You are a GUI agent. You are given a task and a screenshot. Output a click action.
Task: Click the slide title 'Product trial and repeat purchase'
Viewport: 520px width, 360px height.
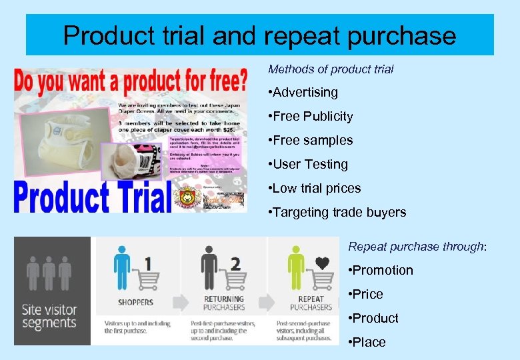(x=259, y=35)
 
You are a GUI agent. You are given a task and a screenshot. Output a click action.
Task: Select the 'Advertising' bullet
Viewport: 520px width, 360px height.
(x=305, y=92)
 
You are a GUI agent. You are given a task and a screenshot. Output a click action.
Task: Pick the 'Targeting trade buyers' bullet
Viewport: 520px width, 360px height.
(x=339, y=212)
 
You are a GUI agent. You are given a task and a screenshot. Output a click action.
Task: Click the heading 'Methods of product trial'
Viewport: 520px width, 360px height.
(x=331, y=69)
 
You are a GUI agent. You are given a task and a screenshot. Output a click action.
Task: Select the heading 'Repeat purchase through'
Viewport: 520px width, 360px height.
(x=417, y=246)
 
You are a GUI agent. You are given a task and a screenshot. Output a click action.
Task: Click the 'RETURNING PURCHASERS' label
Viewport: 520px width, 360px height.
(x=223, y=303)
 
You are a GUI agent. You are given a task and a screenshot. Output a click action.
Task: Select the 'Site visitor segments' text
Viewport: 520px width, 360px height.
(x=49, y=316)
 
